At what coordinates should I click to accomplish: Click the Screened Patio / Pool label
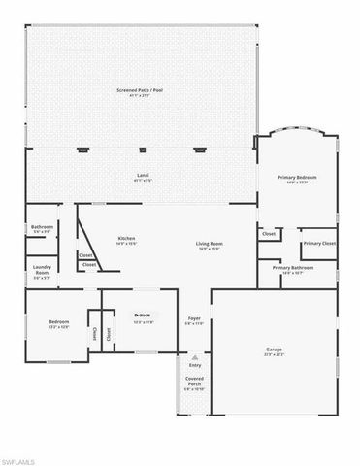tap(142, 89)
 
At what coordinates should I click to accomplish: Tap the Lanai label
tap(142, 175)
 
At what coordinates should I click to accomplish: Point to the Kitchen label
tap(126, 238)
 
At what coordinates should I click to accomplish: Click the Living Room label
tap(210, 244)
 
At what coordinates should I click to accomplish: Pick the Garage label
tap(275, 349)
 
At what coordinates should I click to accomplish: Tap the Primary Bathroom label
tap(293, 268)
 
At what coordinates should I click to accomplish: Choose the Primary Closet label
tap(319, 243)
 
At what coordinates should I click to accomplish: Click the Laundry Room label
tap(42, 270)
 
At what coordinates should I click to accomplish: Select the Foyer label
tap(194, 317)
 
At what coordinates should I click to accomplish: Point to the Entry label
tap(194, 365)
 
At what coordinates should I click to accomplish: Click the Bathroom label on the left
tap(42, 227)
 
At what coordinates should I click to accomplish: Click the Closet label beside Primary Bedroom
tap(269, 234)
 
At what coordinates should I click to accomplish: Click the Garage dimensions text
tap(275, 354)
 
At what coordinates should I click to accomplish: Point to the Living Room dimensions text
tap(210, 250)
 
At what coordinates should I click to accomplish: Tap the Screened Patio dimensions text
tap(142, 95)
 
